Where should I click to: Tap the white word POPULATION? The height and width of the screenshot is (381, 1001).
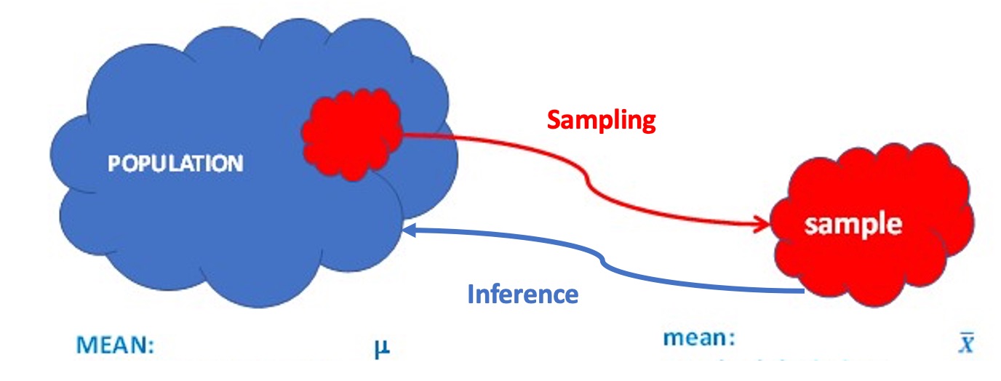tap(175, 164)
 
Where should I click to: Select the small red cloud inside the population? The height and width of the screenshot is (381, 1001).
tap(352, 138)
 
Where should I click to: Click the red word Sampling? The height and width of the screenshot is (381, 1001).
tap(601, 121)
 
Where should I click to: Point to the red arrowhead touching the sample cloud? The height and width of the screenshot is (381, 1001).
tap(764, 223)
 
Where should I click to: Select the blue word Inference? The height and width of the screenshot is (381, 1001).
tap(522, 294)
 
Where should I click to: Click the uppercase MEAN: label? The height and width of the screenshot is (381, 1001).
tap(116, 345)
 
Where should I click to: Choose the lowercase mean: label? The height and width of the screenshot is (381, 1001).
tap(699, 338)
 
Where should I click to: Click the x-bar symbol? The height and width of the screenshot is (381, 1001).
tap(966, 342)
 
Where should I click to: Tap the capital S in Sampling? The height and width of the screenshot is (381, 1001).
tap(554, 120)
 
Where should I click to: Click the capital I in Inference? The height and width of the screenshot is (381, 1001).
tap(471, 294)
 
